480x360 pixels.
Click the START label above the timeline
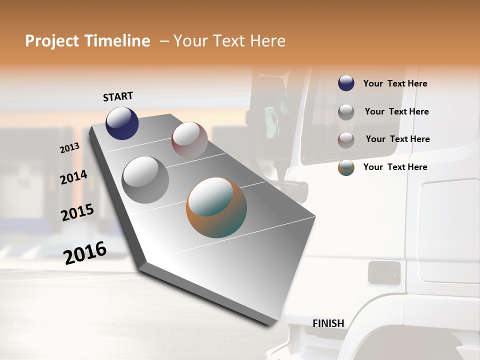point(118,96)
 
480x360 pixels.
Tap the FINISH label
point(328,323)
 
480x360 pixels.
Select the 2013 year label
point(70,147)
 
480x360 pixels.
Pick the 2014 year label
point(73,177)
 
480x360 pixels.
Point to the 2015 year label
point(77,212)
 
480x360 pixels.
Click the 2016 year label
point(85,253)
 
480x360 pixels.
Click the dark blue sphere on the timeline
point(122,123)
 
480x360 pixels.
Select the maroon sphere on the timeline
point(189,140)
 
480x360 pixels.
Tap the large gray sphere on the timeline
point(145,180)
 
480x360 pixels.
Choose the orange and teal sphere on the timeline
point(216,207)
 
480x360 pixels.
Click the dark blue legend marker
point(346,83)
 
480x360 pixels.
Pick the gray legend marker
point(346,111)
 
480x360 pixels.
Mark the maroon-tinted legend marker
point(346,139)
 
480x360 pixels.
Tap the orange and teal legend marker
point(346,167)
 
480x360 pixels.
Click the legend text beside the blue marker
point(395,83)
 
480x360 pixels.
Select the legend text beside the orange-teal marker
point(395,167)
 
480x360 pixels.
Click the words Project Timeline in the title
point(87,41)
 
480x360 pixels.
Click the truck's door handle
point(384,273)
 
